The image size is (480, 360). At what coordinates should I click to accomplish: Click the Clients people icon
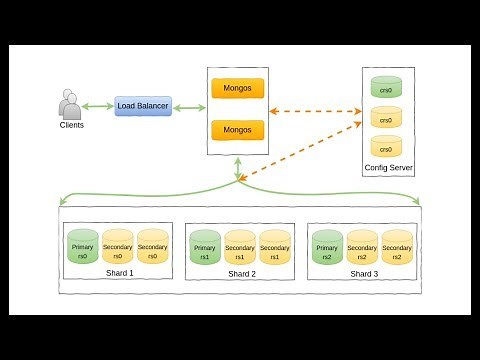[x=69, y=105]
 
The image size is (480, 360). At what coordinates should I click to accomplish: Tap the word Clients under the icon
[x=70, y=125]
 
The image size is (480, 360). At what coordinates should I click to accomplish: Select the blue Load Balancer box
[x=143, y=105]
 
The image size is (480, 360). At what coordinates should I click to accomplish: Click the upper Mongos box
[x=237, y=88]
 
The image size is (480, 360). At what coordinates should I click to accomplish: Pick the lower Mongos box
[x=237, y=130]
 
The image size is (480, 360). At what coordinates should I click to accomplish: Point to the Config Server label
[x=388, y=167]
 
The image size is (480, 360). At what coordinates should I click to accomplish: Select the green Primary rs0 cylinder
[x=82, y=246]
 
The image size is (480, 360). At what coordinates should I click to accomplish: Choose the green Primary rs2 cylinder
[x=326, y=246]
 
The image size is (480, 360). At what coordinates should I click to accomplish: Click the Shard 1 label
[x=117, y=273]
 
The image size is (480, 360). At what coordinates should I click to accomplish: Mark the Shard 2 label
[x=241, y=274]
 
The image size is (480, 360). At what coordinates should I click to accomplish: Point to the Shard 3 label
[x=363, y=274]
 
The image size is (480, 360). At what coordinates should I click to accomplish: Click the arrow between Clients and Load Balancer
[x=98, y=106]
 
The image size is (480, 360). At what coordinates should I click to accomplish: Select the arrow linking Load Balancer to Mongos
[x=188, y=106]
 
